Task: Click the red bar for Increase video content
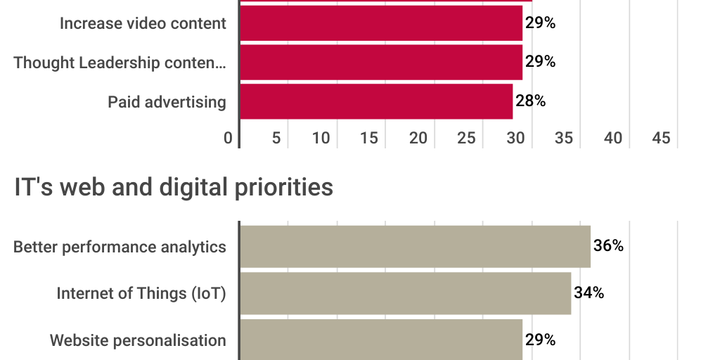(380, 23)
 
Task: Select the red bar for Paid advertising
(376, 101)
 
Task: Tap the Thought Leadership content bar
(380, 62)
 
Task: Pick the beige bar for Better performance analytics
(415, 247)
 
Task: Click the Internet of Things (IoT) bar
(405, 293)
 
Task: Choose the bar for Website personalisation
(380, 340)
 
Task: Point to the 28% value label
(531, 101)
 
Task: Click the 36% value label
(608, 246)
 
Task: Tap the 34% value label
(589, 292)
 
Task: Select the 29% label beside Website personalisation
(541, 340)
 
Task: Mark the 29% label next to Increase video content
(541, 23)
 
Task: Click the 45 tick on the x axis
(661, 139)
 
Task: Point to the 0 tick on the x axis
(228, 139)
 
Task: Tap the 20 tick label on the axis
(418, 139)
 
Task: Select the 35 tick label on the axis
(564, 139)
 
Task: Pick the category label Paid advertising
(167, 102)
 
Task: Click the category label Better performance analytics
(120, 247)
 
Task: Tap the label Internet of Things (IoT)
(141, 293)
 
